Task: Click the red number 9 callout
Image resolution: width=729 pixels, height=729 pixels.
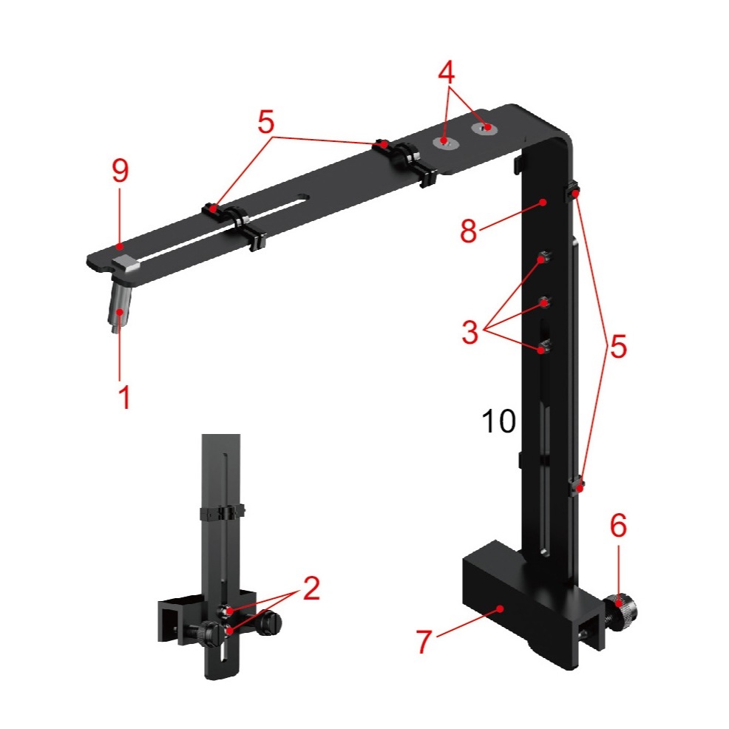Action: [120, 171]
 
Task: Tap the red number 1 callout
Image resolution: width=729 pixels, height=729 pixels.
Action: [124, 396]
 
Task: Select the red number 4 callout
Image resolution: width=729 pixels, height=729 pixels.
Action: [447, 72]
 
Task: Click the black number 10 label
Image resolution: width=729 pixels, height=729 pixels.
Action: [499, 421]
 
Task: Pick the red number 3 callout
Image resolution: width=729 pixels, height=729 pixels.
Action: [470, 332]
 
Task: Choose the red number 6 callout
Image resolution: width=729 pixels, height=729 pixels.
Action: [618, 526]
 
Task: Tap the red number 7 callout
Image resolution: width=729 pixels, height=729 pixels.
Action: [424, 641]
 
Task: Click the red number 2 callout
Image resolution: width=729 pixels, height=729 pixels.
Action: [311, 588]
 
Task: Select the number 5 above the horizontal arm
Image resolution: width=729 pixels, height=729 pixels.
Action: [266, 122]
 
